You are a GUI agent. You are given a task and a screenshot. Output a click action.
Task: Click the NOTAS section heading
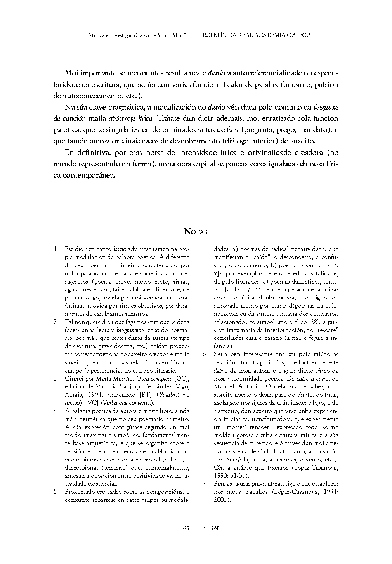pyautogui.click(x=196, y=232)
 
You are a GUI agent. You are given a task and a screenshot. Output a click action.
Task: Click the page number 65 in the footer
pyautogui.click(x=186, y=528)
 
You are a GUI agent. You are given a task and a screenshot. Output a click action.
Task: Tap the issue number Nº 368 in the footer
pyautogui.click(x=211, y=528)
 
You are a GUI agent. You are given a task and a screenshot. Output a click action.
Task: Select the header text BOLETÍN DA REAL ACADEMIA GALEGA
pyautogui.click(x=257, y=35)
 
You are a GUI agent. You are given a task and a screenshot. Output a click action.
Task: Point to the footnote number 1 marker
pyautogui.click(x=55, y=249)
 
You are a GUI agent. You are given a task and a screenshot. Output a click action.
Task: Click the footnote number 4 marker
pyautogui.click(x=55, y=411)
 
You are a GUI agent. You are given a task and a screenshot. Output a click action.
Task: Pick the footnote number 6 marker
pyautogui.click(x=204, y=354)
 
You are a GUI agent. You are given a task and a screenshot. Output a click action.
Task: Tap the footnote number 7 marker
pyautogui.click(x=204, y=484)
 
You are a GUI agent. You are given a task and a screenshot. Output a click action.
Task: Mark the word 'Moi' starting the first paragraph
pyautogui.click(x=72, y=73)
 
